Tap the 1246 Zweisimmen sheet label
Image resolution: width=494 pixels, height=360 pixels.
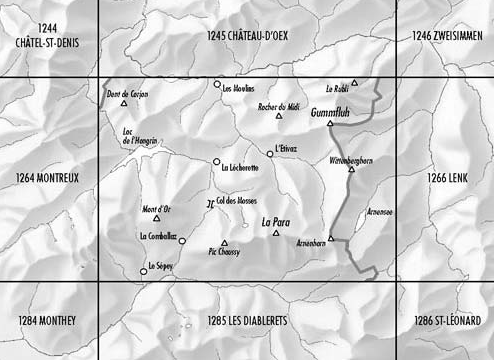pos(448,36)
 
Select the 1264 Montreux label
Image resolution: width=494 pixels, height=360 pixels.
pos(47,178)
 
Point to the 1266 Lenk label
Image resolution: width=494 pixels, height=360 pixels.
pos(447,178)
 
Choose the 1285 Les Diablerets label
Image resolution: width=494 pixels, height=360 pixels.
pos(246,320)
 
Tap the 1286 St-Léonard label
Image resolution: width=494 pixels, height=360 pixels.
pos(447,320)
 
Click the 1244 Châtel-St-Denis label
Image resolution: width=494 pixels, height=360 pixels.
pos(47,41)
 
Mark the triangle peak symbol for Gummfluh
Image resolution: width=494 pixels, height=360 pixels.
pos(330,124)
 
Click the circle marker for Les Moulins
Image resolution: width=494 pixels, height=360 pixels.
pos(217,84)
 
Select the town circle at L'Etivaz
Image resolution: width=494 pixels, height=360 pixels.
pos(269,153)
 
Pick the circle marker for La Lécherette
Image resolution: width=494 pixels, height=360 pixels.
pos(216,161)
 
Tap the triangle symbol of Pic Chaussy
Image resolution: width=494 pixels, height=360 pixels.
pos(224,243)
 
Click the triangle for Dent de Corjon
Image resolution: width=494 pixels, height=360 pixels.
pos(124,103)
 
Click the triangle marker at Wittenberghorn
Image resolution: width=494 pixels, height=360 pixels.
pos(351,170)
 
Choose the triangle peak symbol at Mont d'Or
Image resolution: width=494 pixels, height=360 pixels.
pos(156,218)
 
